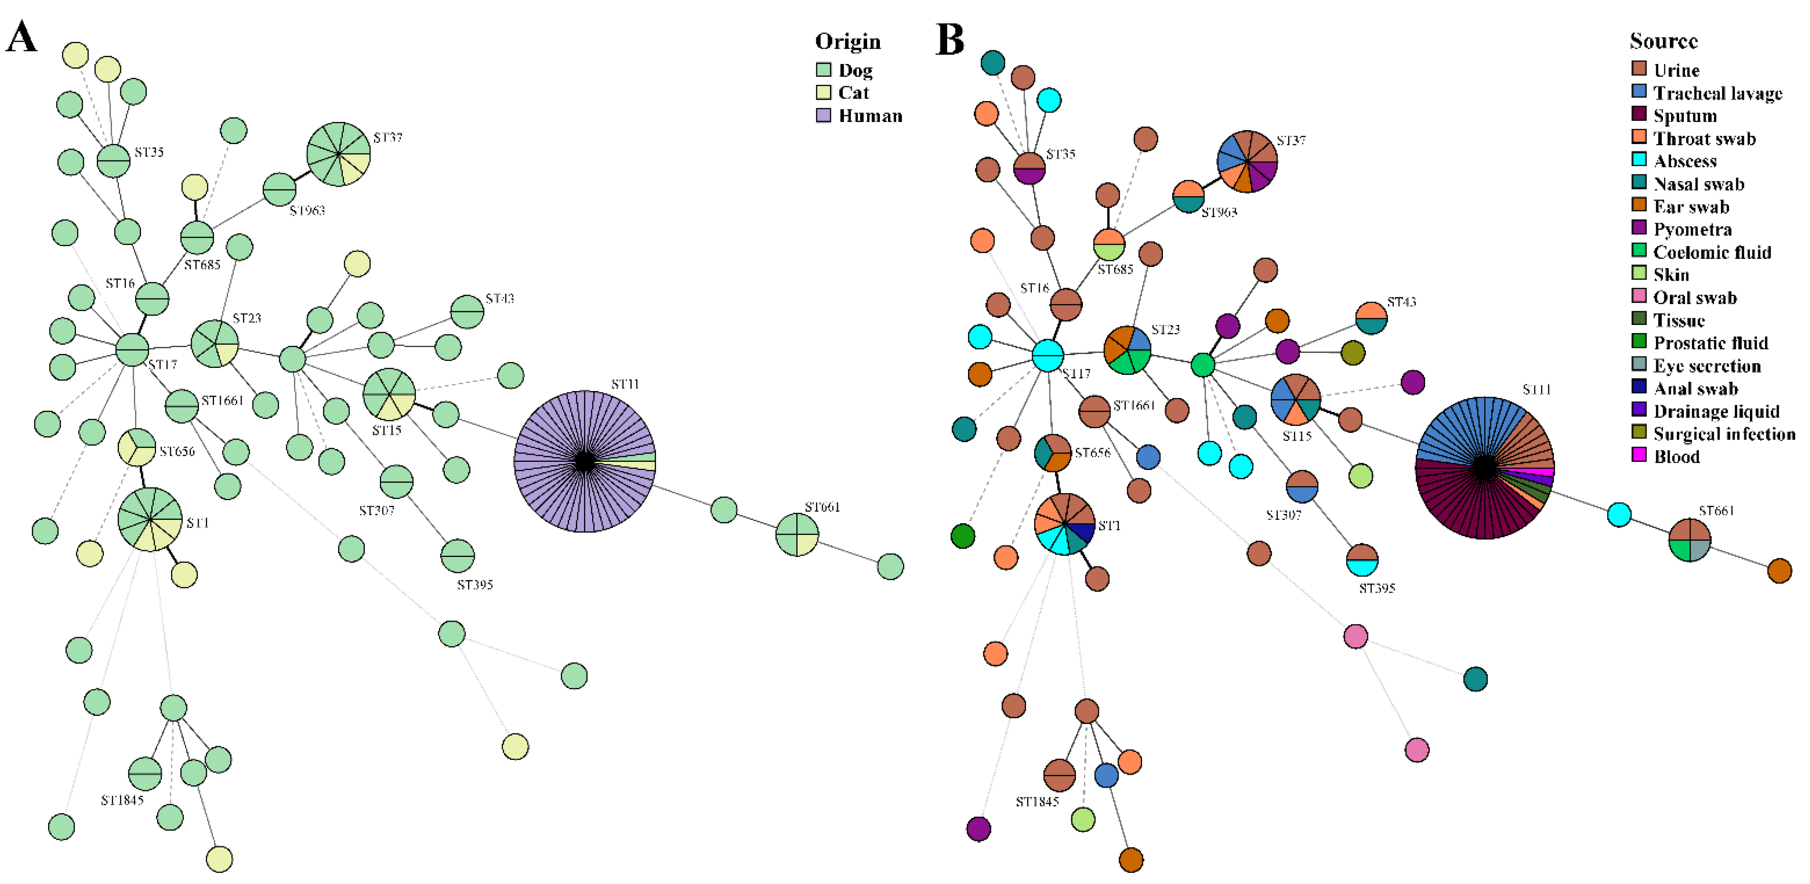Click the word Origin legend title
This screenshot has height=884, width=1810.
[847, 41]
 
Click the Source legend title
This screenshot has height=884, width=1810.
[1663, 41]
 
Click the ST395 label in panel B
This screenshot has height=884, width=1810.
[1376, 588]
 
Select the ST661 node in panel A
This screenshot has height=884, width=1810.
[797, 535]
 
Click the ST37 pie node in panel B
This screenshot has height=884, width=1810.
[1247, 162]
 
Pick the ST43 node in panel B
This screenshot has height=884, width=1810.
[1371, 318]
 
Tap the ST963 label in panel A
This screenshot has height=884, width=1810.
[307, 211]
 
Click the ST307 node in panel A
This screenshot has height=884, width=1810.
[396, 482]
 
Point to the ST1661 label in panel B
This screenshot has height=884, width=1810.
[1134, 406]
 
